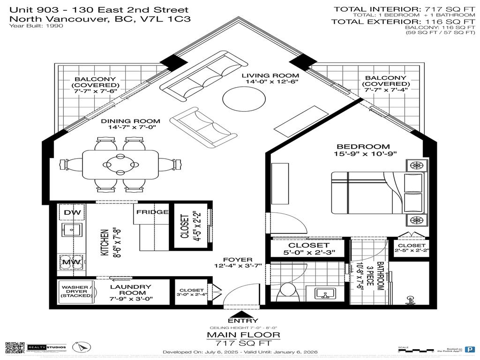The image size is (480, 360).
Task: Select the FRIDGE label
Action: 152,212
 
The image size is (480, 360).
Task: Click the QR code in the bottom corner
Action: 15,347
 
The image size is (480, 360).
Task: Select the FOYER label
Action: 237,259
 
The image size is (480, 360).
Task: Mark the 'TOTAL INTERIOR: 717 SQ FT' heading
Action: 403,9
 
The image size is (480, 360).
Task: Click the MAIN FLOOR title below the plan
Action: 243,335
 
